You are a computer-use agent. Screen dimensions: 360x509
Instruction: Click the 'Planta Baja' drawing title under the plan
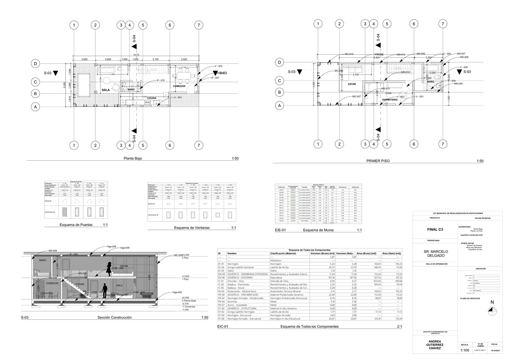pyautogui.click(x=132, y=159)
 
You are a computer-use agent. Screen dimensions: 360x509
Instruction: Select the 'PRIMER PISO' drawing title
pyautogui.click(x=378, y=161)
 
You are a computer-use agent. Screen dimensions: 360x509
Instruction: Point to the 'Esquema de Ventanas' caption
pyautogui.click(x=193, y=228)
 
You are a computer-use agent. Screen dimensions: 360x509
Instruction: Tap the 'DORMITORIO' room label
pyautogui.click(x=390, y=100)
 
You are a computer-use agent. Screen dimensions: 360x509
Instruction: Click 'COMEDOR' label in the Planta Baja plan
pyautogui.click(x=179, y=87)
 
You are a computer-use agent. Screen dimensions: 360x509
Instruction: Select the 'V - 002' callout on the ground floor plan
pyautogui.click(x=218, y=67)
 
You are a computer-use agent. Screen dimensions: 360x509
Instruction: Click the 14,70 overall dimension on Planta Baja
pyautogui.click(x=136, y=55)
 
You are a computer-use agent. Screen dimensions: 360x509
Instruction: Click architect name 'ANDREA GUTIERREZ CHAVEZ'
pyautogui.click(x=435, y=345)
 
